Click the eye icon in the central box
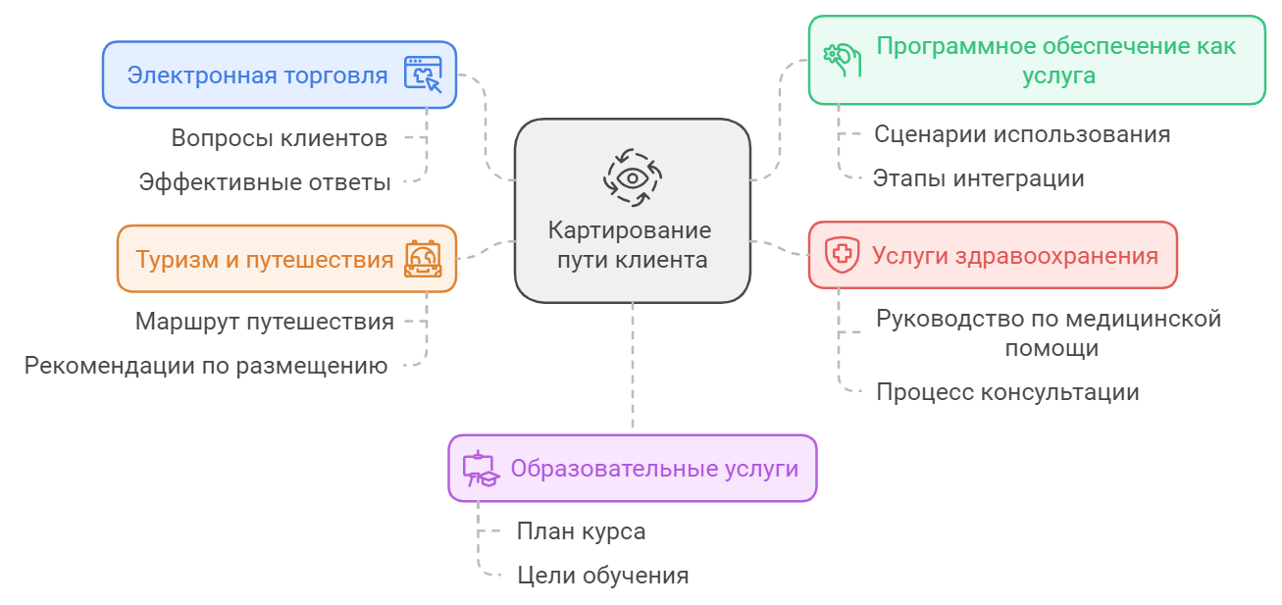click(632, 177)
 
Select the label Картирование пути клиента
click(632, 245)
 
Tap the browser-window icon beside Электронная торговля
click(424, 75)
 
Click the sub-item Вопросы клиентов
click(280, 138)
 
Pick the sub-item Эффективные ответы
click(265, 182)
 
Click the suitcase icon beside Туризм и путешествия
click(424, 260)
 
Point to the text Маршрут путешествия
click(265, 322)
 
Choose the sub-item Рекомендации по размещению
click(206, 366)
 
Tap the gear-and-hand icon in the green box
click(842, 60)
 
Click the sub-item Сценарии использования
click(1022, 134)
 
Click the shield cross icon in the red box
click(841, 255)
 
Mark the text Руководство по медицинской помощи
click(1048, 332)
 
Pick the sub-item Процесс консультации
click(1007, 392)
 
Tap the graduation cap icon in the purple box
click(481, 469)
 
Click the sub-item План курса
click(581, 531)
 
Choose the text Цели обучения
click(602, 576)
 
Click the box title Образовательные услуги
click(654, 469)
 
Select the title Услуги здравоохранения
click(1015, 256)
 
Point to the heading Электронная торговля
click(258, 75)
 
